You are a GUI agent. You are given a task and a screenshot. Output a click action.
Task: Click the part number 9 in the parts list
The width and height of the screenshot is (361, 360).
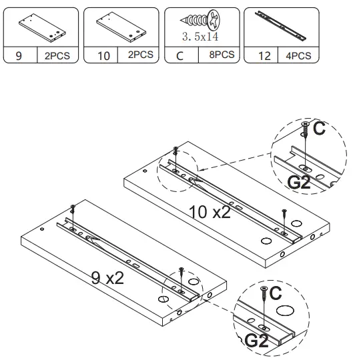[19, 56]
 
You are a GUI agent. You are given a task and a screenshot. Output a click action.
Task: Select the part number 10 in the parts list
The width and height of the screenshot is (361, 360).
[103, 56]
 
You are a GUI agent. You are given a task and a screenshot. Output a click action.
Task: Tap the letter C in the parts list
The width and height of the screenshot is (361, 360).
[179, 56]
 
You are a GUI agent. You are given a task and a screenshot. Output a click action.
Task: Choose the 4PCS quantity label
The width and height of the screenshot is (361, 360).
[297, 56]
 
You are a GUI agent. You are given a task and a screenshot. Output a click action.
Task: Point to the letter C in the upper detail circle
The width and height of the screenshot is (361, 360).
[319, 129]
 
